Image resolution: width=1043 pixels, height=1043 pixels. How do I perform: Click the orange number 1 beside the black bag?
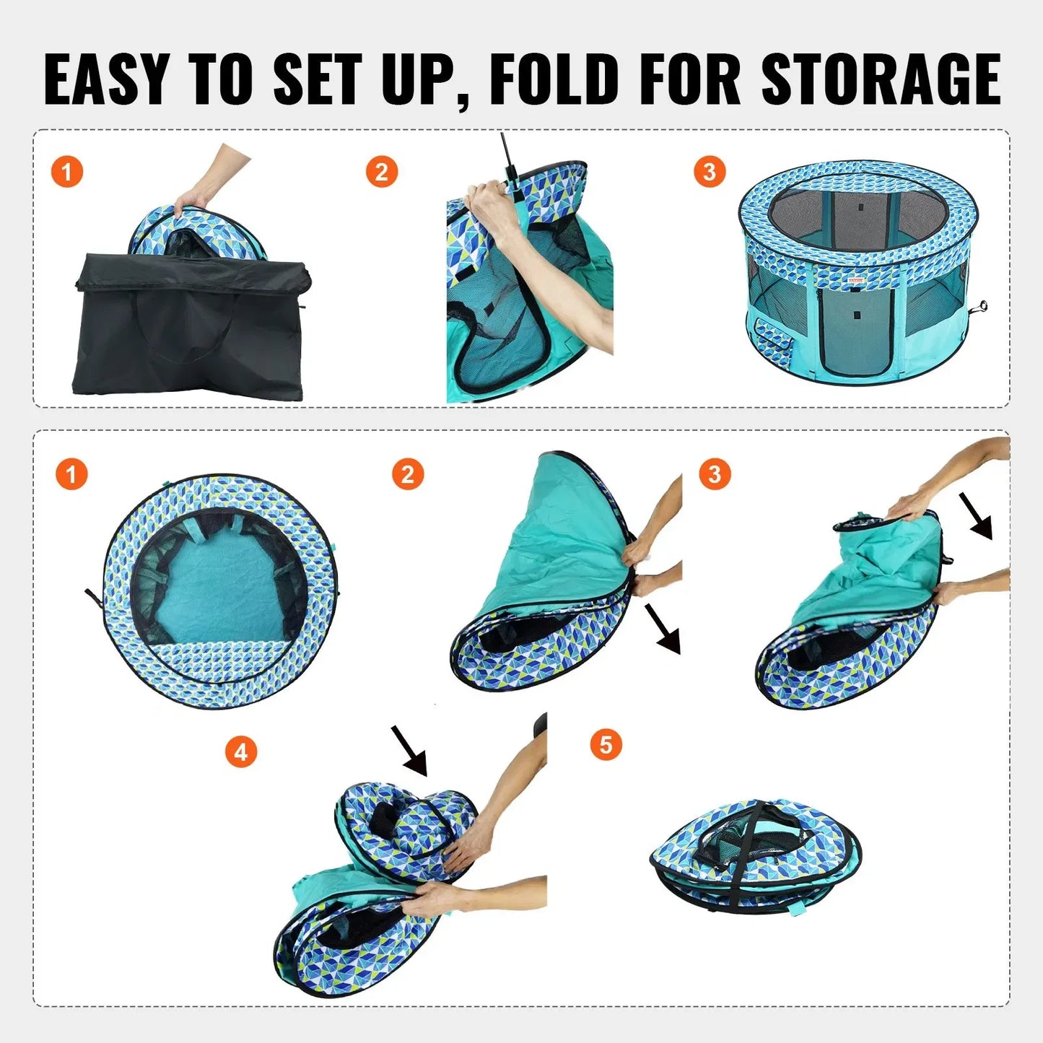pyautogui.click(x=67, y=173)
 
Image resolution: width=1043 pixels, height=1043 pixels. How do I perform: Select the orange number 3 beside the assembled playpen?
pyautogui.click(x=709, y=172)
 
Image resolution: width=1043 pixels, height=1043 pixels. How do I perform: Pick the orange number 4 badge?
pyautogui.click(x=241, y=752)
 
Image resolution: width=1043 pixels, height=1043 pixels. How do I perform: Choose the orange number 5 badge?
pyautogui.click(x=606, y=744)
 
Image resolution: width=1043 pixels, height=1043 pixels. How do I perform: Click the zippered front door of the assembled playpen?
pyautogui.click(x=856, y=328)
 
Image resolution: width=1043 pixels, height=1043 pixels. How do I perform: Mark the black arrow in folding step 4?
pyautogui.click(x=410, y=751)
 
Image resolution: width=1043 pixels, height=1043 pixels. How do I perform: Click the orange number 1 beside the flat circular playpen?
pyautogui.click(x=71, y=475)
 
